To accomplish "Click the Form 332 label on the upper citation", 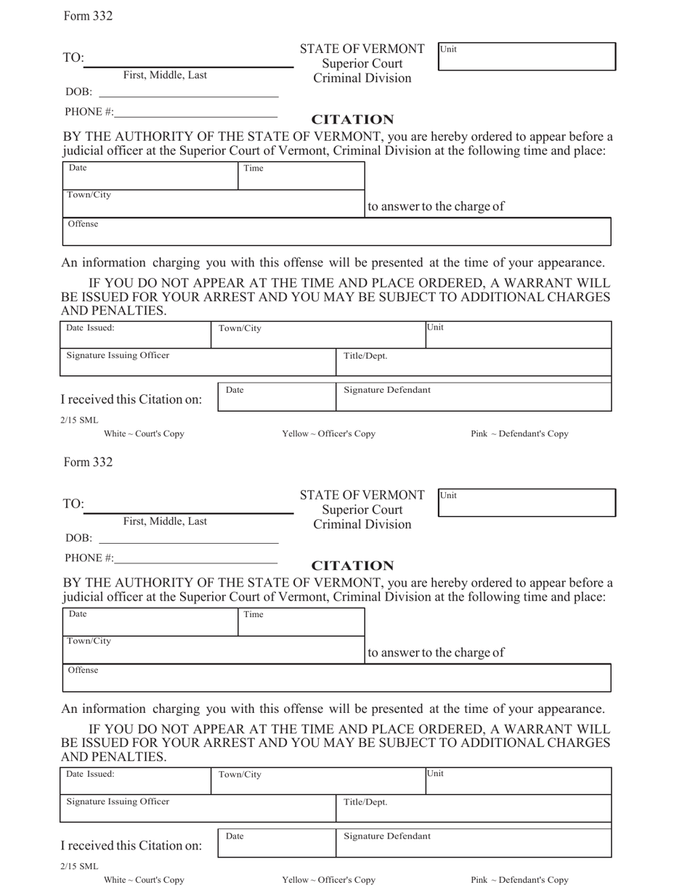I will tap(88, 16).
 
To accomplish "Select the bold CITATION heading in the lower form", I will tap(352, 566).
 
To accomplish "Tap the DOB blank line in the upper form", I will tap(188, 93).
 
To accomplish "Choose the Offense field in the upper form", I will tap(337, 232).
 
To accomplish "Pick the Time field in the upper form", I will tap(301, 176).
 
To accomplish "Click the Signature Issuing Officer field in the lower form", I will tap(197, 809).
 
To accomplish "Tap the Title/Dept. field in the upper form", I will tap(473, 362).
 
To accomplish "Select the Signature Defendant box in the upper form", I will tap(473, 397).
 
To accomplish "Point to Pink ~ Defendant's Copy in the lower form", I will tap(519, 880).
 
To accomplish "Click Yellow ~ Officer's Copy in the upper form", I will tap(328, 434).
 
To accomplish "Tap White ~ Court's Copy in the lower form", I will tap(144, 880).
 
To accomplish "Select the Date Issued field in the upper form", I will tap(135, 335).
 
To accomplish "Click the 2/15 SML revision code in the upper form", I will tap(79, 420).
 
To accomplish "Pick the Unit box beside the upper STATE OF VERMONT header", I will tap(527, 57).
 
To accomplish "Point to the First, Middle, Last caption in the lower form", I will tap(165, 521).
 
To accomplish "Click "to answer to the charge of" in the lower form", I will tap(436, 653).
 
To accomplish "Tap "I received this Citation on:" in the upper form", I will tap(131, 399).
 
